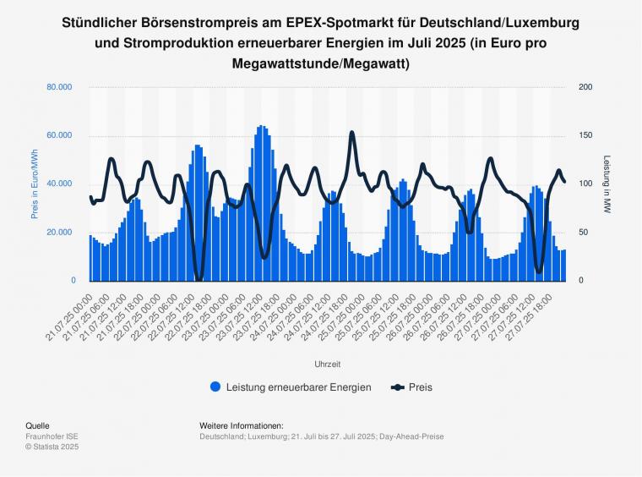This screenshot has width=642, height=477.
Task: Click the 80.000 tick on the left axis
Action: tap(59, 87)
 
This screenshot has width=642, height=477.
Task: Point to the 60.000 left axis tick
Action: tap(59, 135)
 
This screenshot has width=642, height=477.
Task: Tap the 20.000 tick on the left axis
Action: tap(59, 233)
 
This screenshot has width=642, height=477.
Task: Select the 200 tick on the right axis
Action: tap(585, 87)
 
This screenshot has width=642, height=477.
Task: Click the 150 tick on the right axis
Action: tap(585, 135)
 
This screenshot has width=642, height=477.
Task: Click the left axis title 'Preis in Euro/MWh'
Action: tap(35, 184)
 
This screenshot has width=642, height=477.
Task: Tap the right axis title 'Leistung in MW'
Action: tap(607, 184)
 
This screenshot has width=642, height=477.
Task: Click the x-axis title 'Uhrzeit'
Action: tap(327, 364)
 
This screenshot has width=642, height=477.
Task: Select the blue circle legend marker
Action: tap(215, 387)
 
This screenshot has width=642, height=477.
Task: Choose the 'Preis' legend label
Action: tap(421, 387)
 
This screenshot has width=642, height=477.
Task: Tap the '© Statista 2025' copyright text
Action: tap(53, 447)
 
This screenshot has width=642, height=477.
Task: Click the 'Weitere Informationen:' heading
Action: tap(241, 425)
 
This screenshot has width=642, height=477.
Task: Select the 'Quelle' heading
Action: tap(37, 425)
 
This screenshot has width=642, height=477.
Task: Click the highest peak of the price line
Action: tap(352, 133)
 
